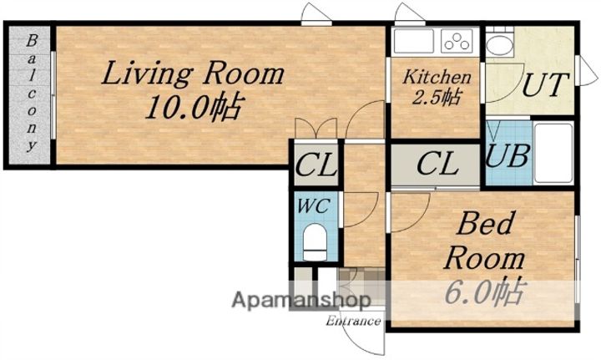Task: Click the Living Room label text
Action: click(193, 74)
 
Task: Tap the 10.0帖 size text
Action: click(194, 107)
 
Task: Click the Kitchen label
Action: click(437, 77)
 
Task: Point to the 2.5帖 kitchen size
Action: click(437, 97)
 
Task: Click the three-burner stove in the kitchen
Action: click(457, 41)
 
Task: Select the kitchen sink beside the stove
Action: click(414, 41)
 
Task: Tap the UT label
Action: click(544, 84)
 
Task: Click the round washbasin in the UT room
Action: click(499, 46)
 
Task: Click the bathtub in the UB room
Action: click(553, 153)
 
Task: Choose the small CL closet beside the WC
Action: click(316, 165)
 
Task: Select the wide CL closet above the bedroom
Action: click(436, 165)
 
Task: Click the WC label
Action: click(314, 206)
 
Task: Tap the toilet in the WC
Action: click(315, 242)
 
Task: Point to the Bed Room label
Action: click(484, 241)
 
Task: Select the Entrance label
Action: click(353, 321)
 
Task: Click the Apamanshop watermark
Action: click(301, 299)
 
